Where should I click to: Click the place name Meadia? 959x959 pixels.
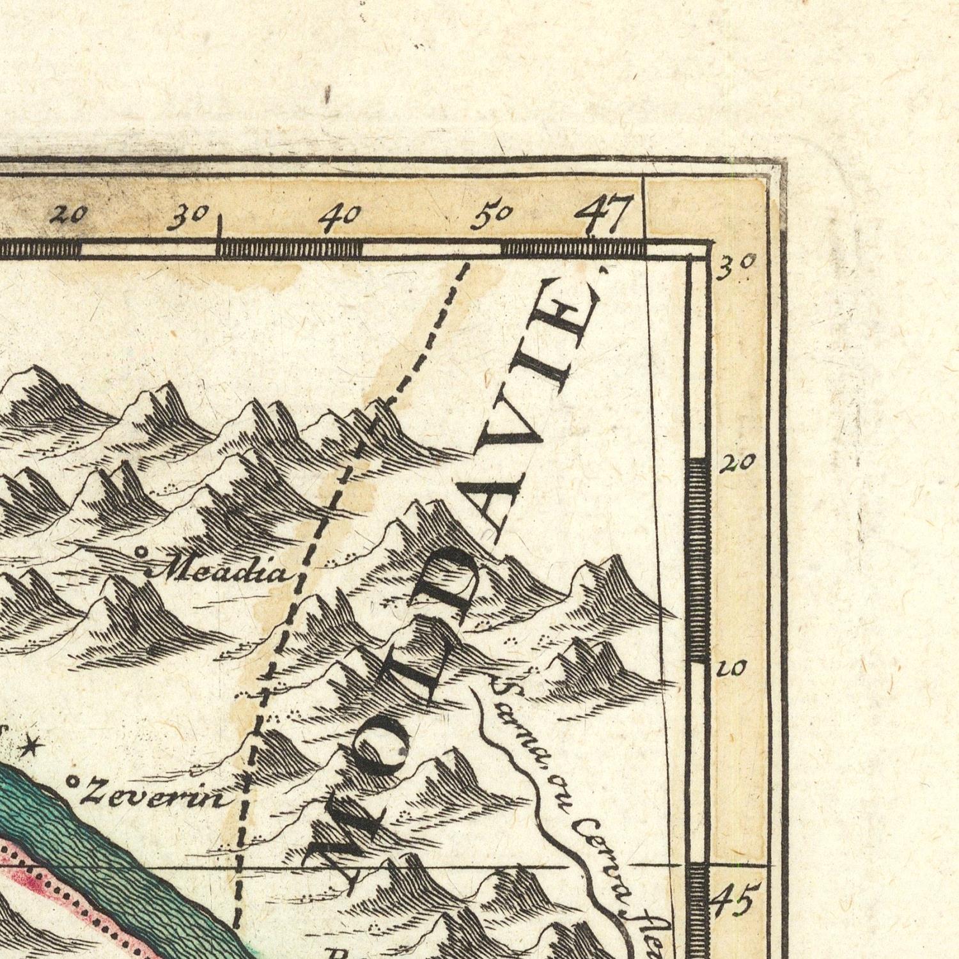pyautogui.click(x=217, y=570)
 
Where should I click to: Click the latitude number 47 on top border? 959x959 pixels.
pyautogui.click(x=603, y=215)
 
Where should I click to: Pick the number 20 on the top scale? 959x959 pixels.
pyautogui.click(x=68, y=216)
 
